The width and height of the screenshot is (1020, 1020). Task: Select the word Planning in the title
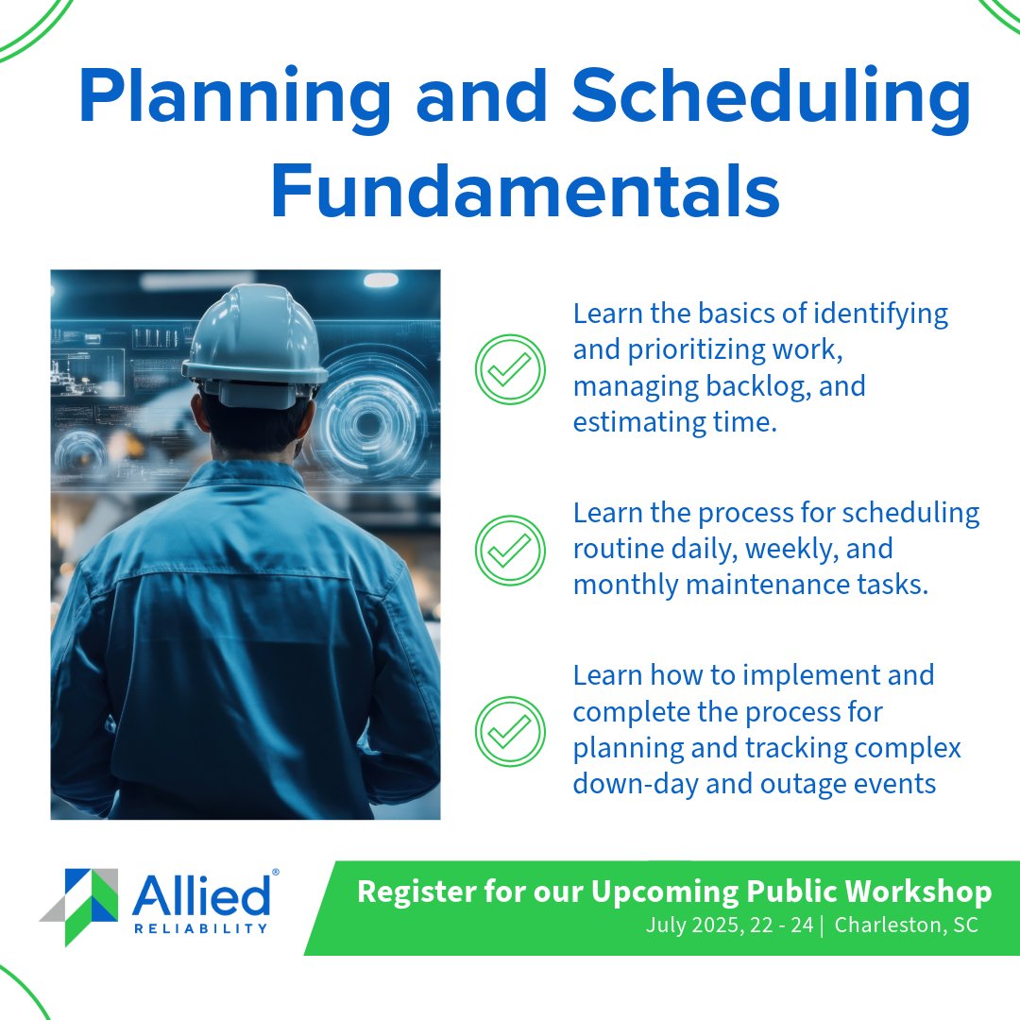coord(233,97)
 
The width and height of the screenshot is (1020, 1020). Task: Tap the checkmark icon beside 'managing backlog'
coord(510,368)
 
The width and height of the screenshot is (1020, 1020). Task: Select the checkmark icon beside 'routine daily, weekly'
coord(510,550)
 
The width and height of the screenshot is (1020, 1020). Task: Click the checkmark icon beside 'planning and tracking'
coord(510,731)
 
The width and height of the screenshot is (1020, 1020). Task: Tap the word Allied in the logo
coord(200,895)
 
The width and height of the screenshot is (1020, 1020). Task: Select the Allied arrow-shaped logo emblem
coord(80,905)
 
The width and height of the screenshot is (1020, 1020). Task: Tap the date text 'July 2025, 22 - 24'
coord(729,925)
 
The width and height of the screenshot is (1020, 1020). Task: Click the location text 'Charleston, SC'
coord(907,925)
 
